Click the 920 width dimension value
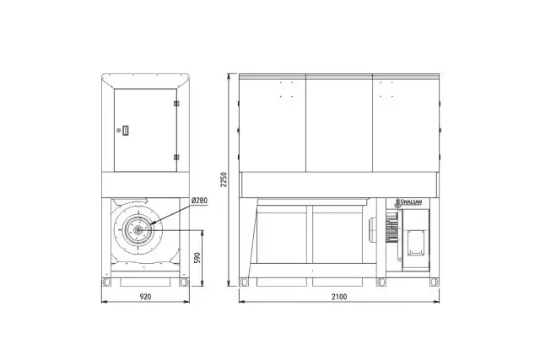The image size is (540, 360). pos(145,296)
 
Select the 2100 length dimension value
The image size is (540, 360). pos(339,296)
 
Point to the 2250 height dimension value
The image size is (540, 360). pos(224,180)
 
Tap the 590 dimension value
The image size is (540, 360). pos(197,258)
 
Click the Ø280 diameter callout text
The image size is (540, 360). pos(199,201)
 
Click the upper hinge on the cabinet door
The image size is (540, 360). pos(176,104)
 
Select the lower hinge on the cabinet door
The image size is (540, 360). pos(176,158)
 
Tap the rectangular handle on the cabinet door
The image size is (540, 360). pos(126,130)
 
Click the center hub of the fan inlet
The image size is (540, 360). pos(138,229)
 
